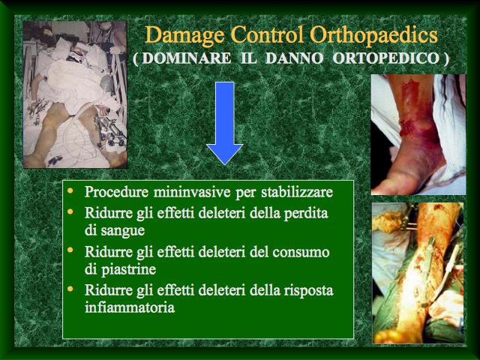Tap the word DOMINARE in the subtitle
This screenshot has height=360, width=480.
tap(187, 58)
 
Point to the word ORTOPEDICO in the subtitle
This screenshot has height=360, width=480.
tap(386, 58)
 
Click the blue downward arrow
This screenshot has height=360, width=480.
tap(225, 123)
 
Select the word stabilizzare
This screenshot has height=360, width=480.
tap(297, 193)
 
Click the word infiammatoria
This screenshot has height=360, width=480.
tap(130, 307)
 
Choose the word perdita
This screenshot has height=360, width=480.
tap(306, 213)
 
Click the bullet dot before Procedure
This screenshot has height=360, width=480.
tap(70, 190)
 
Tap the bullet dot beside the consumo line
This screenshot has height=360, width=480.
tap(70, 250)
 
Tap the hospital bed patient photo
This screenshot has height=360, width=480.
tap(75, 94)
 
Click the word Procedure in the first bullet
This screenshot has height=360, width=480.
tap(117, 192)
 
